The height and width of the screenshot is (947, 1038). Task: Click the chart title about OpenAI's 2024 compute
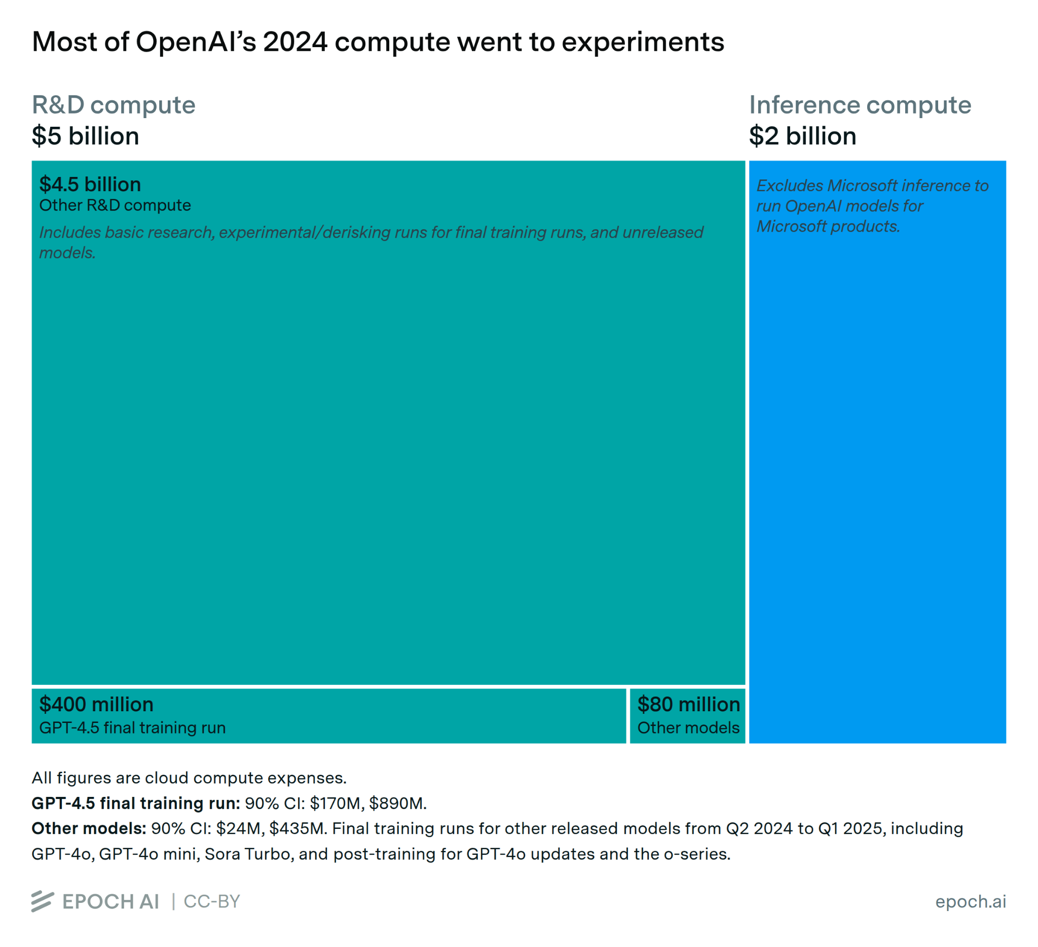378,42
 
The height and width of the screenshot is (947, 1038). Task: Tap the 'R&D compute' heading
113,105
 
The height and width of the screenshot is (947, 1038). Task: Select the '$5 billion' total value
86,136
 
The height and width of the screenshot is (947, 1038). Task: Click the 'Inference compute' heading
860,105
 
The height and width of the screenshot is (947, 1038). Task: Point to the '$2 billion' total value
802,136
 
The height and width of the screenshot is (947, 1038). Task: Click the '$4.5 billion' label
90,185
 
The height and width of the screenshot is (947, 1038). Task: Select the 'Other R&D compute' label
115,205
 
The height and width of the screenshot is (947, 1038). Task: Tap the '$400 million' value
96,705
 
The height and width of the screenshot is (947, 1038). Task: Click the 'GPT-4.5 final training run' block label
132,727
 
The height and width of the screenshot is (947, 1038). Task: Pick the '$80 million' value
688,705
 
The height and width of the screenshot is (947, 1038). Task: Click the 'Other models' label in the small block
688,727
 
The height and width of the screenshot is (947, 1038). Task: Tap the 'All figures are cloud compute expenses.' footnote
189,778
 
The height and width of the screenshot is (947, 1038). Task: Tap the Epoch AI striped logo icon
42,901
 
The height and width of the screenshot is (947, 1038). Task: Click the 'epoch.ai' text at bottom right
970,901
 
